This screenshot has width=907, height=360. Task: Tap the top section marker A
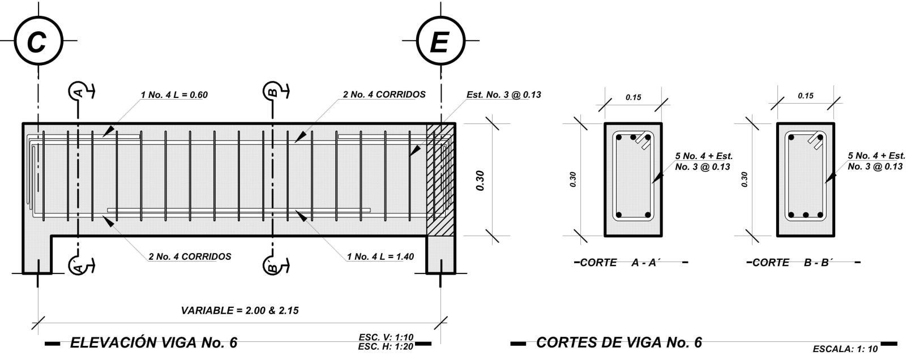click(78, 91)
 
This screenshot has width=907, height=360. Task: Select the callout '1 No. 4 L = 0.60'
click(174, 95)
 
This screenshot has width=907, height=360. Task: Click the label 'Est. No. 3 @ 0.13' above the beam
click(503, 95)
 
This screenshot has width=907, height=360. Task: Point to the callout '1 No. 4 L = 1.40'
click(380, 256)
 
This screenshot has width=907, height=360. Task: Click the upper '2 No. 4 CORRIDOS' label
click(384, 95)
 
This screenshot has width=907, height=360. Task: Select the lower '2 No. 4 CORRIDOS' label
click(190, 256)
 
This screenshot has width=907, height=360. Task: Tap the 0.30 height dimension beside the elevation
click(480, 180)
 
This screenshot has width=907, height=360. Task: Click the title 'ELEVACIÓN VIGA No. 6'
click(153, 342)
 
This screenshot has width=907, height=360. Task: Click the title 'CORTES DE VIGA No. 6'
click(619, 342)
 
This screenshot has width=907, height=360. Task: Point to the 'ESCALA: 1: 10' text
click(845, 349)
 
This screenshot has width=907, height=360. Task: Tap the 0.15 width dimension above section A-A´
click(634, 97)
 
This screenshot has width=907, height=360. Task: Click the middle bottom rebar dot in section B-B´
click(805, 215)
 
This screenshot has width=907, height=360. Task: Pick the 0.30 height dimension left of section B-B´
click(745, 179)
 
